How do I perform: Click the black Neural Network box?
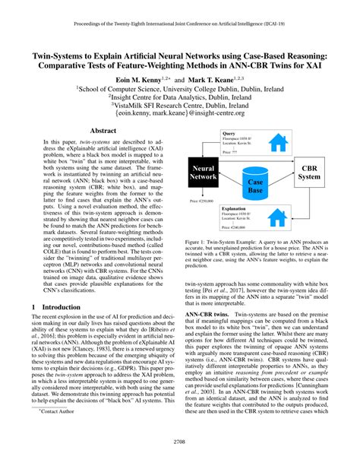[204, 171]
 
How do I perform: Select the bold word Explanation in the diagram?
[235, 207]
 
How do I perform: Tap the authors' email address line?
[180, 116]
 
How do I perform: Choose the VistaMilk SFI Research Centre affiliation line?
[180, 106]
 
